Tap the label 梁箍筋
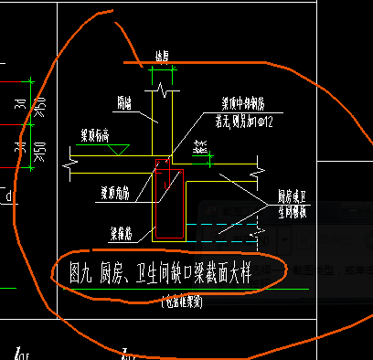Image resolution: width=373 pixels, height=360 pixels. [x=111, y=231]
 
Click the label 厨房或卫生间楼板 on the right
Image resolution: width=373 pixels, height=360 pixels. [x=297, y=202]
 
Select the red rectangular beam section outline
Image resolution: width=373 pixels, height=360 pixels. [x=169, y=203]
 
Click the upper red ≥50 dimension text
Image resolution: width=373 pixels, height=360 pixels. [x=38, y=109]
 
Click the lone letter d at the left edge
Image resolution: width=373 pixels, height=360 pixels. [x=8, y=196]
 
